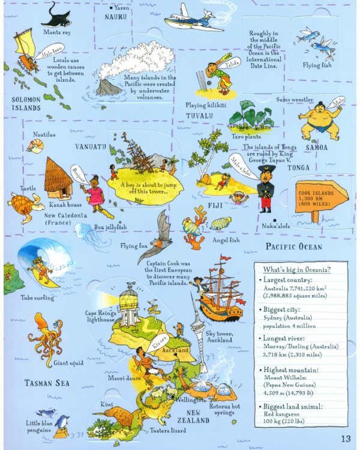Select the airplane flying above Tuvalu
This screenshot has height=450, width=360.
tap(189, 17)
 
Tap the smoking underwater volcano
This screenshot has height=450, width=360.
tap(107, 84)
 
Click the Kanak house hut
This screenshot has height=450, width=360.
tap(58, 175)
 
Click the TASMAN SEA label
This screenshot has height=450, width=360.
tap(47, 382)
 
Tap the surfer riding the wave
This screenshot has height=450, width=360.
tap(39, 271)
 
